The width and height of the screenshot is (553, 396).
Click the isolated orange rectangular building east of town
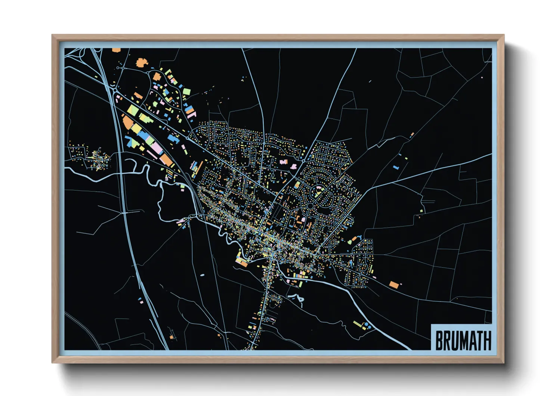[x=394, y=285]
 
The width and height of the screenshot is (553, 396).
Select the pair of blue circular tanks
[x=367, y=325]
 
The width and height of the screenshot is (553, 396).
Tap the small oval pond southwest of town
[x=202, y=275]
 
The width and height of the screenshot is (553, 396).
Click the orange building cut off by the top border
[x=116, y=50]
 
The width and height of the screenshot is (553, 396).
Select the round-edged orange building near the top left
[x=140, y=63]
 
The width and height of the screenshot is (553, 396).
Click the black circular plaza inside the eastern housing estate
[x=310, y=206]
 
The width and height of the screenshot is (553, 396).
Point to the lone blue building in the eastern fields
[x=396, y=167]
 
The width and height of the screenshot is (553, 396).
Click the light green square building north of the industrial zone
[x=186, y=92]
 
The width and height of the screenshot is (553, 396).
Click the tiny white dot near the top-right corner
[x=482, y=77]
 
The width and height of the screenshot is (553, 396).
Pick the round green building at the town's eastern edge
[x=350, y=242]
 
